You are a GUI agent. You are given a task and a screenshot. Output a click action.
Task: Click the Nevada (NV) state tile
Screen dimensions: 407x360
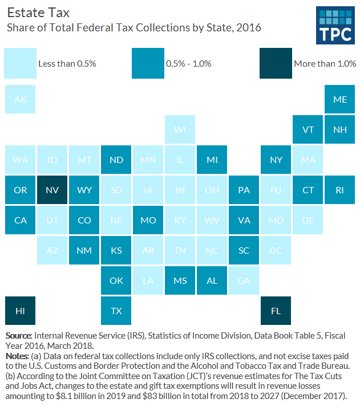point(52,190)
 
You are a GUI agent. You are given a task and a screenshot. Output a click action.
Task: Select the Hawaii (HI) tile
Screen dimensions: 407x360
point(20,311)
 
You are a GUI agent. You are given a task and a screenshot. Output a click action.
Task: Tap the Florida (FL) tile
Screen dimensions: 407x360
point(276,311)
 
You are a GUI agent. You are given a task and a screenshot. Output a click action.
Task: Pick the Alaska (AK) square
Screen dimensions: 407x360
point(20,99)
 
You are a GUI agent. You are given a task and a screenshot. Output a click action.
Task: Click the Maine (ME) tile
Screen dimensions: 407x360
point(339,99)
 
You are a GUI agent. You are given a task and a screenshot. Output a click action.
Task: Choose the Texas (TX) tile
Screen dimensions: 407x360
point(116,311)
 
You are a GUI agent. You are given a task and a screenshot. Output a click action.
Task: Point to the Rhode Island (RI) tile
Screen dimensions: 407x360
point(339,190)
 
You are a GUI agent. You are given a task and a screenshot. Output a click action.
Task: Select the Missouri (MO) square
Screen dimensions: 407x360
point(148,220)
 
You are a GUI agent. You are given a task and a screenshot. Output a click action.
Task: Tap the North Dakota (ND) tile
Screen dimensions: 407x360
point(116,160)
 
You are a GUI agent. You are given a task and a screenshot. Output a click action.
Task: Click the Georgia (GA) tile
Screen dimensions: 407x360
point(244,280)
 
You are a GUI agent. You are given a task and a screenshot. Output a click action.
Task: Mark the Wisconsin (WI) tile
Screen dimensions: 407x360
point(180,129)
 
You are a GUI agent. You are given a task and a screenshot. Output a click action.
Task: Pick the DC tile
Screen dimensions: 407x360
point(276,250)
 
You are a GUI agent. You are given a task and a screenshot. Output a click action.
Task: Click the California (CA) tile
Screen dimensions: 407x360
point(20,220)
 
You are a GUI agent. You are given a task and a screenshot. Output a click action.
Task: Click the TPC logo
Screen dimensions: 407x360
point(335,26)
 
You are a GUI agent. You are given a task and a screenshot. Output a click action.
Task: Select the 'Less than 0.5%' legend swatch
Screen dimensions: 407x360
point(18,63)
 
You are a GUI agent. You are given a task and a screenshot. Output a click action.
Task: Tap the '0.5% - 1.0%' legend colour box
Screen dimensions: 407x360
point(146,63)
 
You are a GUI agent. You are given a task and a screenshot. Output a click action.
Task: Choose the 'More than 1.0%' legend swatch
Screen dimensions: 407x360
point(274,63)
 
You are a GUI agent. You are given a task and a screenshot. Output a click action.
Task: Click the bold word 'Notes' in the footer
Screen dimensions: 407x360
point(18,356)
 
